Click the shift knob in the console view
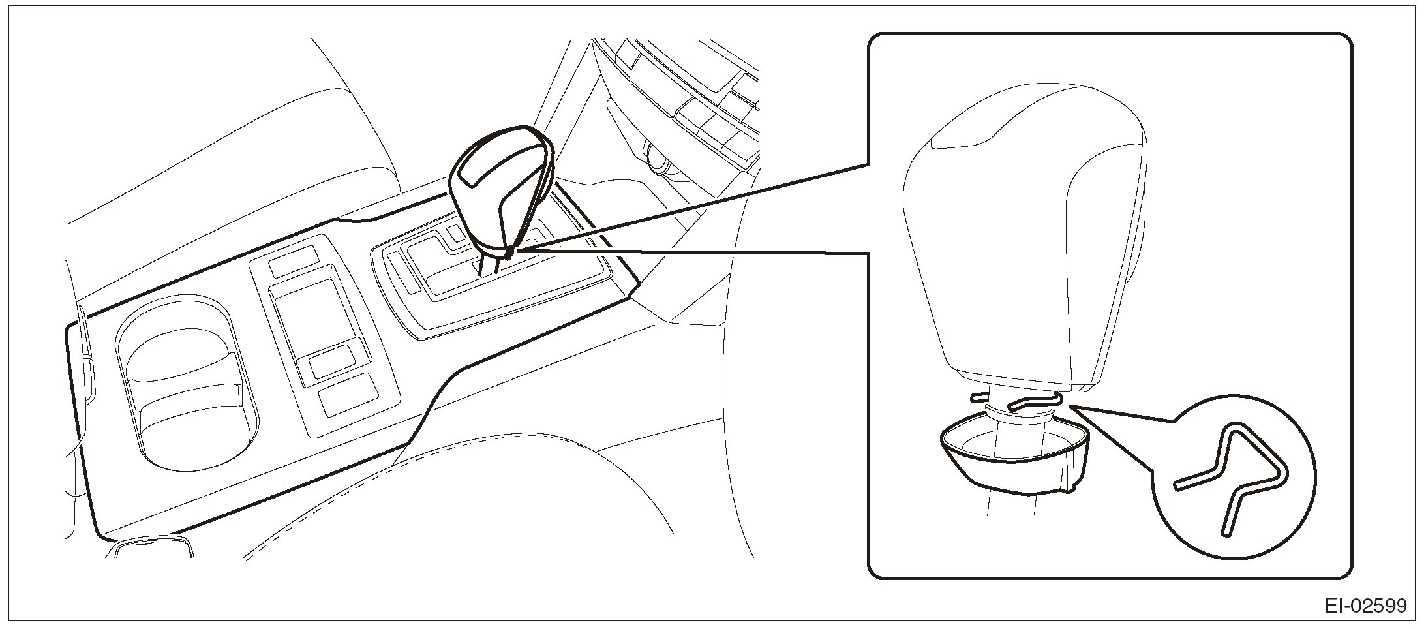(x=499, y=189)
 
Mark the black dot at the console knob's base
(x=508, y=250)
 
